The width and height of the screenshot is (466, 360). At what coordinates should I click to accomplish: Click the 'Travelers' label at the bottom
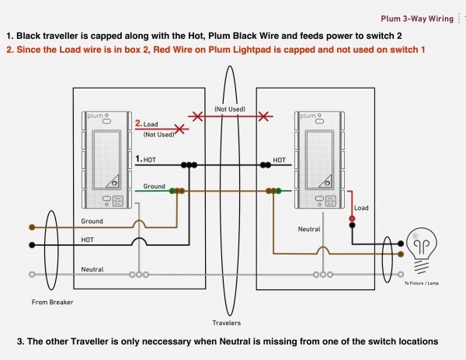226,321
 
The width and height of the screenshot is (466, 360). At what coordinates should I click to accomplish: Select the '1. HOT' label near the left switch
146,159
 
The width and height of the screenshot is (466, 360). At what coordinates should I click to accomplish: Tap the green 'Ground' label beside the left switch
155,186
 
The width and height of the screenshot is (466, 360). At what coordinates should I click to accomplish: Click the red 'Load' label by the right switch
361,208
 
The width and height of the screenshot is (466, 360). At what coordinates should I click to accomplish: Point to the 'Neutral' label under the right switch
309,230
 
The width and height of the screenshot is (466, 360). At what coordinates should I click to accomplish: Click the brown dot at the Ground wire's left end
32,227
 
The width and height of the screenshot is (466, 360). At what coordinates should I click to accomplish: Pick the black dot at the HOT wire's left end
32,246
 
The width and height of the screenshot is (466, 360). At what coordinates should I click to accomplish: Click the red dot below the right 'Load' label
352,220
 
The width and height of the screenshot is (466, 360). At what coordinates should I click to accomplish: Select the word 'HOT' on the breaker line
88,241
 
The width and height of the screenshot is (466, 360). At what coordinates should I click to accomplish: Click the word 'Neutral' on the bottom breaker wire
92,268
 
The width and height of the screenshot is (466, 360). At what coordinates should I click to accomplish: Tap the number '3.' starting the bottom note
20,341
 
